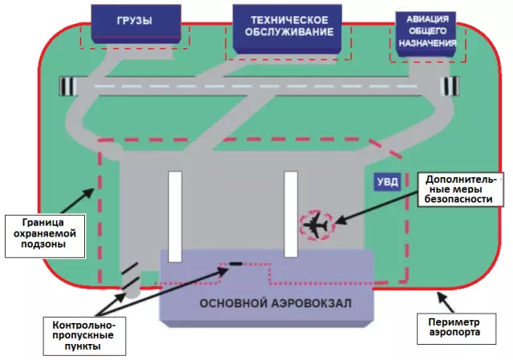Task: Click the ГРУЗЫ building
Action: [x=135, y=23]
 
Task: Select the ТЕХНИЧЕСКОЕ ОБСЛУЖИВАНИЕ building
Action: [x=288, y=28]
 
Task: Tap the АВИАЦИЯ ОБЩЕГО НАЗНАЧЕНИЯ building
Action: [x=426, y=34]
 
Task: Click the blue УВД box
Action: [x=387, y=182]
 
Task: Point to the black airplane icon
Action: [x=316, y=225]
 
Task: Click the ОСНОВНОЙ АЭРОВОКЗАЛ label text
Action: [x=276, y=303]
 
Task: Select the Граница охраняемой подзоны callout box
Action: [x=45, y=236]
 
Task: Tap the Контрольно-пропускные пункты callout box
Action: [x=84, y=336]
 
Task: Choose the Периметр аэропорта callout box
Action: [x=456, y=329]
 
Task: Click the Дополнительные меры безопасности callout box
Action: [x=460, y=189]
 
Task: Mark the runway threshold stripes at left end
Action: [x=68, y=87]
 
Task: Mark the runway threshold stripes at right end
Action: [x=450, y=87]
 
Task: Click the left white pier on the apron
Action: [x=175, y=216]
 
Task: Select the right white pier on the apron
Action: [x=291, y=214]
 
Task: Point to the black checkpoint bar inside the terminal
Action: [x=236, y=264]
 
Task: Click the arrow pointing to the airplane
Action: [x=377, y=207]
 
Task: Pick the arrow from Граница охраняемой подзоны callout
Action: [x=78, y=201]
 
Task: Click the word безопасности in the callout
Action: [x=458, y=199]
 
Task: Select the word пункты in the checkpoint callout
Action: [x=83, y=346]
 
